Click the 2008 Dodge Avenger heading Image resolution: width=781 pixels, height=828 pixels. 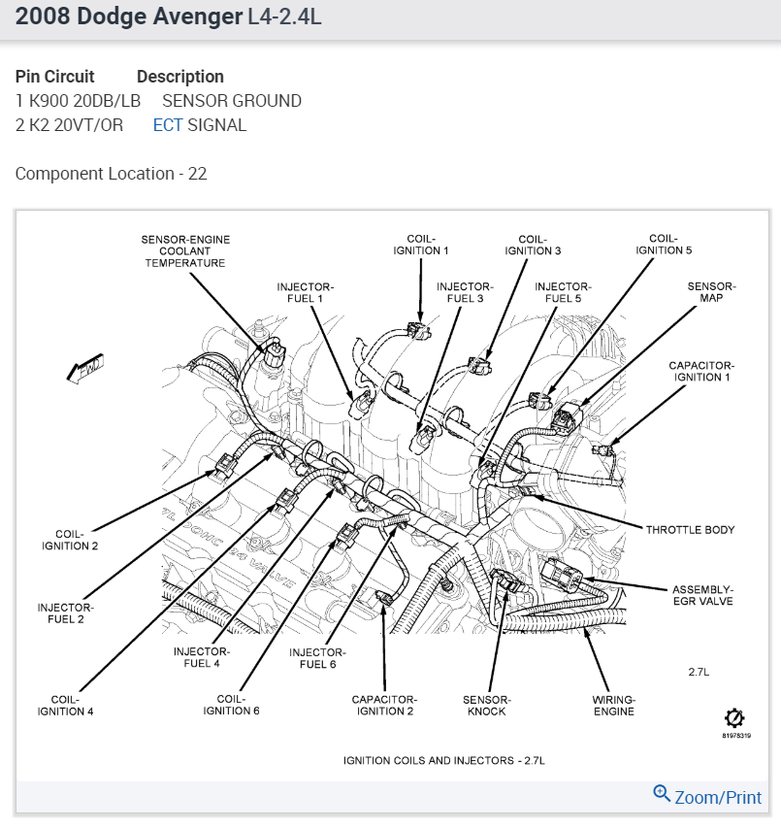pyautogui.click(x=123, y=17)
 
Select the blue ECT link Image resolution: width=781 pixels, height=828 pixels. pyautogui.click(x=168, y=125)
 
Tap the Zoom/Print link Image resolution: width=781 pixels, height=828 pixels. pyautogui.click(x=708, y=796)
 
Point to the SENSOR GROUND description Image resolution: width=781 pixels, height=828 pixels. pyautogui.click(x=232, y=101)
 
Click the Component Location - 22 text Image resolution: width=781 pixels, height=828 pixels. pyautogui.click(x=111, y=174)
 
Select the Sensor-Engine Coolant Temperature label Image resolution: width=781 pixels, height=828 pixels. pyautogui.click(x=185, y=250)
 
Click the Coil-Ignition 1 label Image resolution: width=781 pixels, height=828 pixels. pyautogui.click(x=420, y=244)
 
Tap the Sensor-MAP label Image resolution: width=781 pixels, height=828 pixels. pyautogui.click(x=711, y=292)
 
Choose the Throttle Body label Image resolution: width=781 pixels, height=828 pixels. pyautogui.click(x=691, y=530)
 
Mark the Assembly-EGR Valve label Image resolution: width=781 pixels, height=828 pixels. pyautogui.click(x=702, y=595)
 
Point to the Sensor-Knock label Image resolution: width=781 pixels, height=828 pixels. pyautogui.click(x=487, y=705)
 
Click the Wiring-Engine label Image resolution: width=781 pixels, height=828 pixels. pyautogui.click(x=613, y=705)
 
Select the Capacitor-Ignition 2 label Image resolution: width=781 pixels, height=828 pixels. pyautogui.click(x=384, y=705)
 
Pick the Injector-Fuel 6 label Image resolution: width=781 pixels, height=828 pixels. pyautogui.click(x=313, y=657)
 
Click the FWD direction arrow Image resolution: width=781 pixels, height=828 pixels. pyautogui.click(x=85, y=370)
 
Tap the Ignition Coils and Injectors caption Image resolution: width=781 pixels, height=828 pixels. pyautogui.click(x=443, y=759)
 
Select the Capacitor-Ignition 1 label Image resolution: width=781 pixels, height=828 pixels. pyautogui.click(x=700, y=371)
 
